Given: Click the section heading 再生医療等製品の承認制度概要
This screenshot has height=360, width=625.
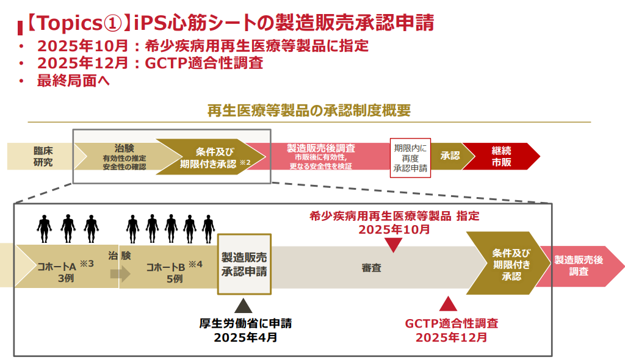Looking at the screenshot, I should click(309, 110).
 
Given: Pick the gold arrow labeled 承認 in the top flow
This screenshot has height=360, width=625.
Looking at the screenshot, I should click(450, 156).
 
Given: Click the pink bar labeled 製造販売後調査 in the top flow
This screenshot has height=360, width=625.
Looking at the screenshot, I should click(321, 157).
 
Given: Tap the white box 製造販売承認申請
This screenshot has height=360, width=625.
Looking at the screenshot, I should click(244, 264).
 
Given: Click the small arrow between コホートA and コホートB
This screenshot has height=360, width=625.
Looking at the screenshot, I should click(120, 274).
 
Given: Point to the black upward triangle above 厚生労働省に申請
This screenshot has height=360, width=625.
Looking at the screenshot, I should click(244, 305).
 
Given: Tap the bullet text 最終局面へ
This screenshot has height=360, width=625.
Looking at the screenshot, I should click(73, 79).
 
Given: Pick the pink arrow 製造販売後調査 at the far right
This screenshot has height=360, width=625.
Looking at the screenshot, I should click(580, 266).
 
